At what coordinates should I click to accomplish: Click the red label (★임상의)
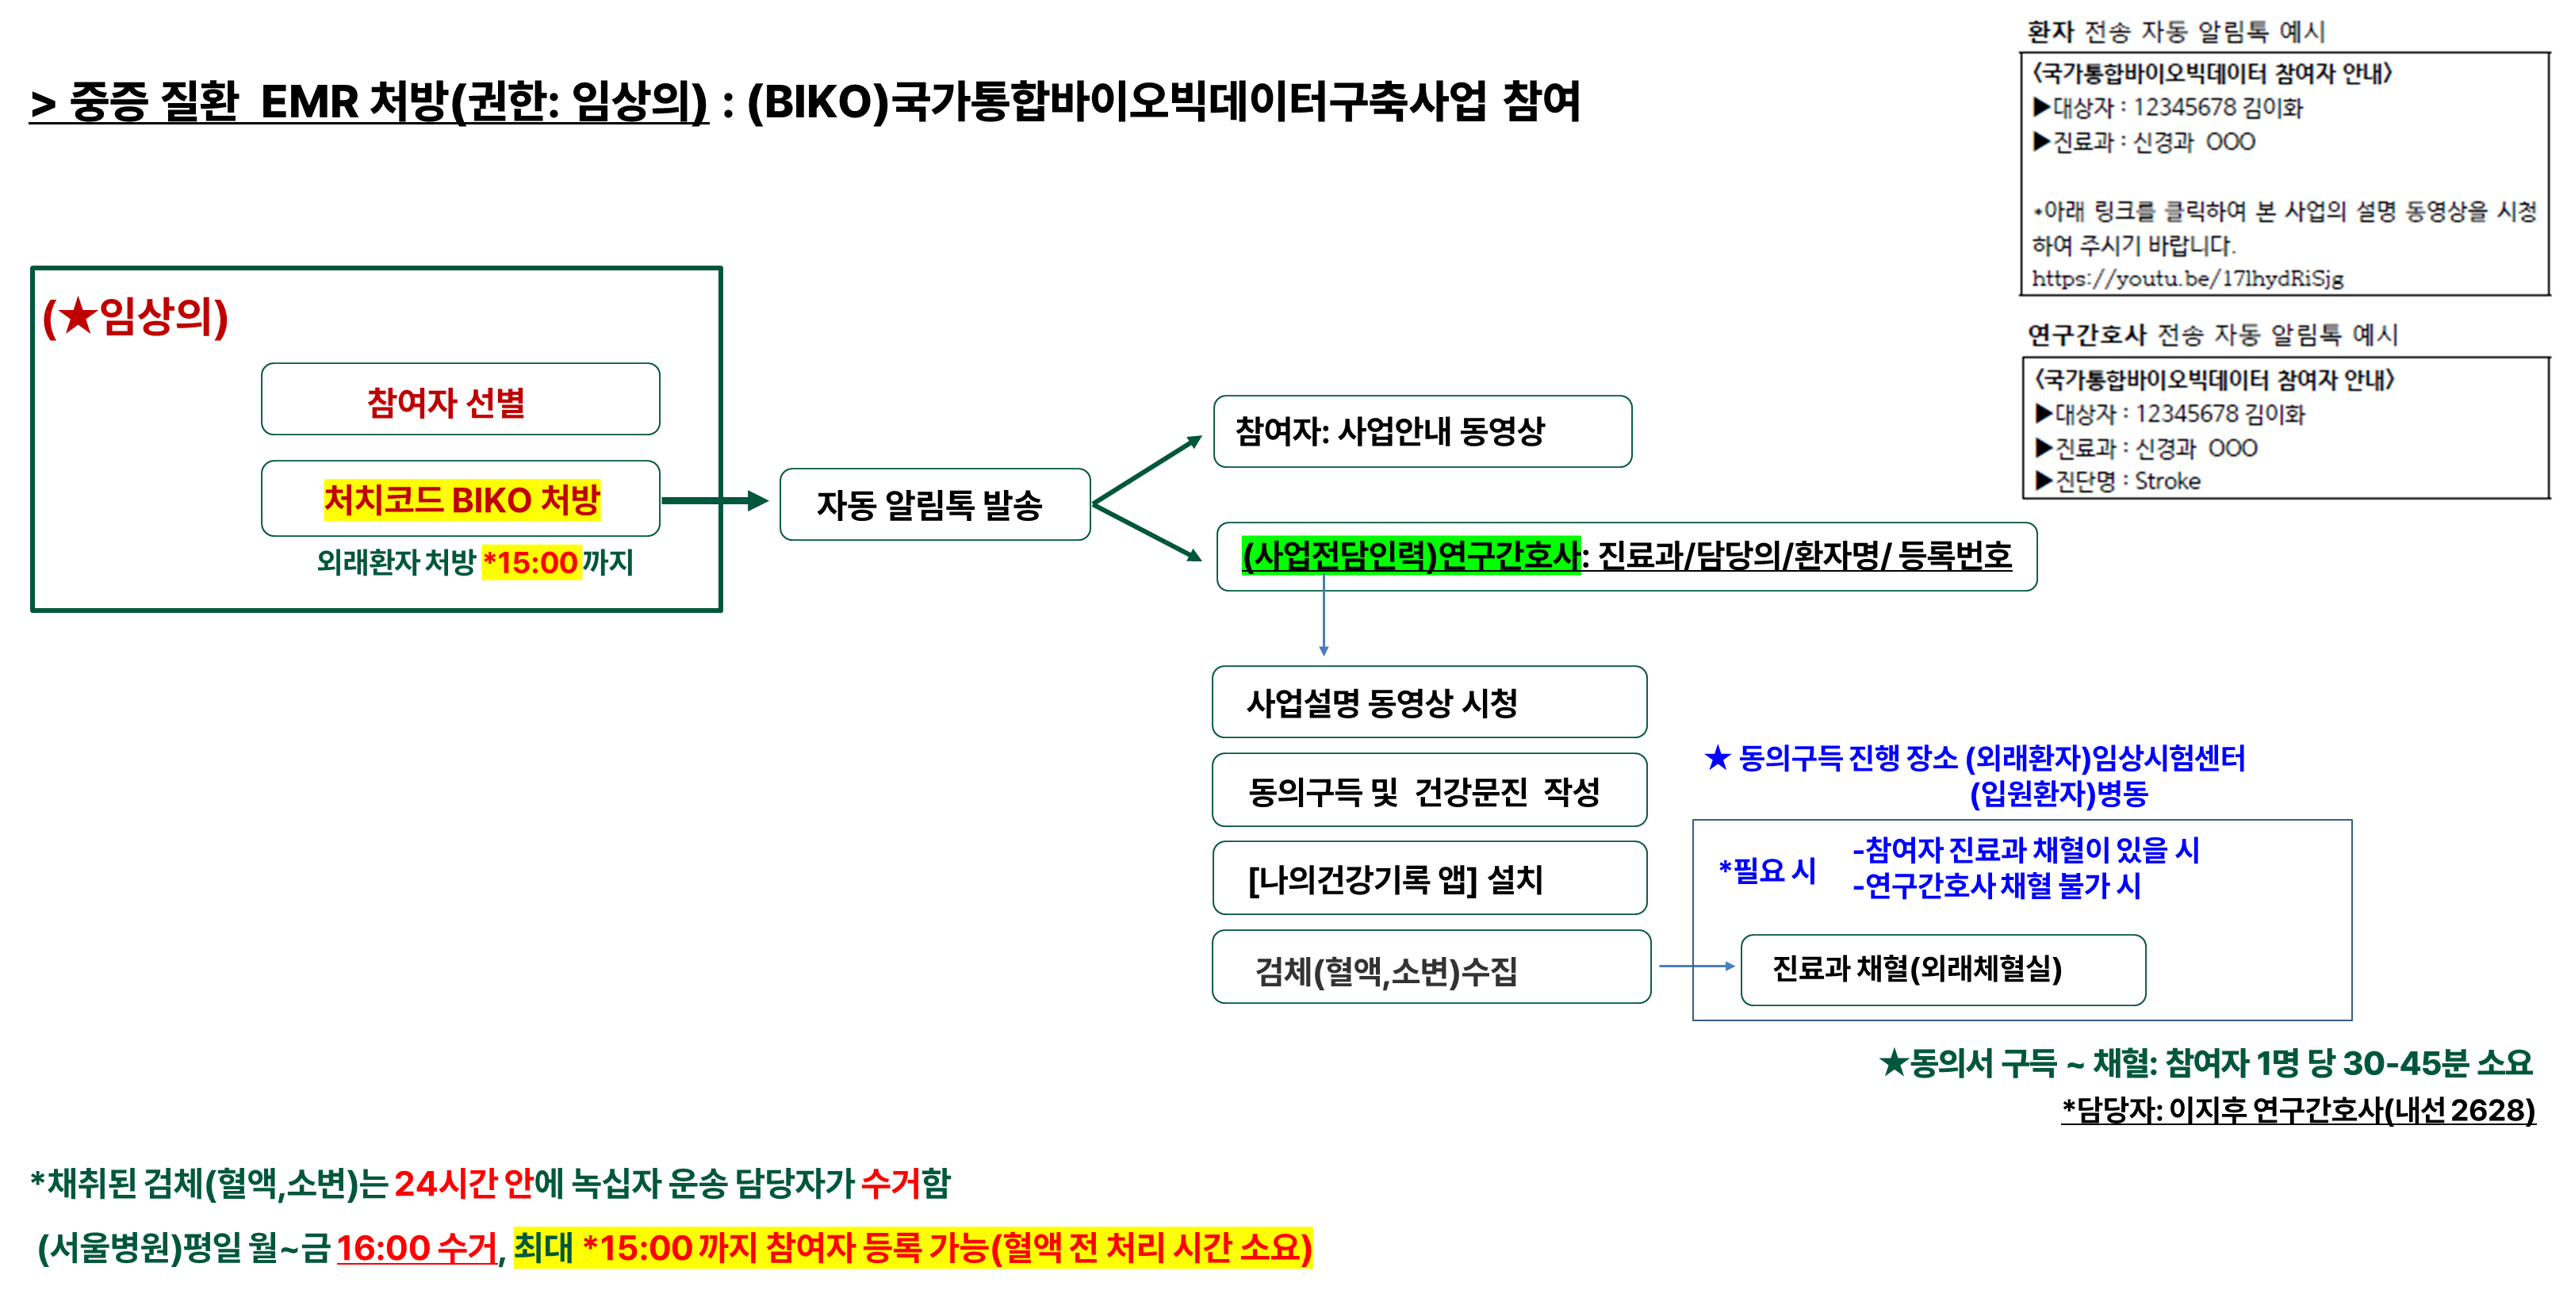(136, 317)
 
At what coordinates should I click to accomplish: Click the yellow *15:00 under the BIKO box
(531, 563)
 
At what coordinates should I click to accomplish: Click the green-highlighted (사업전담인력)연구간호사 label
(1410, 555)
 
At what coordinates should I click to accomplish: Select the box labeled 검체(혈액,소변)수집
(1430, 968)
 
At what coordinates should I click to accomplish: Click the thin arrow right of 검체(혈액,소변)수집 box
(1696, 967)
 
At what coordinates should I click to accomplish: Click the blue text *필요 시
(1767, 871)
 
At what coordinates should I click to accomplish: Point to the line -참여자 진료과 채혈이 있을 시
(2025, 851)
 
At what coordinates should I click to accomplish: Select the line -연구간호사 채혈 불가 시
(1996, 886)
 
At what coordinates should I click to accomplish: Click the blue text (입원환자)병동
(2058, 794)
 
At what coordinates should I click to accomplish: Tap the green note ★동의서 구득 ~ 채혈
(2205, 1064)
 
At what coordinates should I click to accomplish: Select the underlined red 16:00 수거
(416, 1248)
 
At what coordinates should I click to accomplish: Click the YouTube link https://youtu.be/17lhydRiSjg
(2187, 279)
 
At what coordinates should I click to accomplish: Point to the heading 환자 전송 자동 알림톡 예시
(2175, 32)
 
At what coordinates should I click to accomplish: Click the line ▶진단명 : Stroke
(2117, 481)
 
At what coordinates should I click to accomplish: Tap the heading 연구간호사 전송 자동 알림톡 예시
(2213, 335)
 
